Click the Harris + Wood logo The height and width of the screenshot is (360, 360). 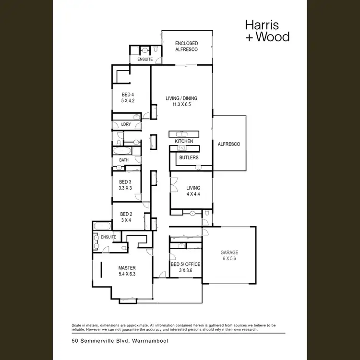pyautogui.click(x=267, y=30)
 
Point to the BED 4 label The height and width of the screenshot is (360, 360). pyautogui.click(x=128, y=95)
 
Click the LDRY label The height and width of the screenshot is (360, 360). pyautogui.click(x=126, y=125)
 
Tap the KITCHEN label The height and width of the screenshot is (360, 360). pyautogui.click(x=184, y=141)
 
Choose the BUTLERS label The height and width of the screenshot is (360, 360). pyautogui.click(x=189, y=157)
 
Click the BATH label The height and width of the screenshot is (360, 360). pyautogui.click(x=124, y=160)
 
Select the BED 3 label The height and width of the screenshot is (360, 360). pyautogui.click(x=125, y=182)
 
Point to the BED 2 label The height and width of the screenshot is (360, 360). pyautogui.click(x=126, y=214)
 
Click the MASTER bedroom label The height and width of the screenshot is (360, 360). pyautogui.click(x=127, y=268)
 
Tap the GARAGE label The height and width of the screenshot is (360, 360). pyautogui.click(x=229, y=252)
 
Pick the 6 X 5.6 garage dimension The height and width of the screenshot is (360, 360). pyautogui.click(x=229, y=258)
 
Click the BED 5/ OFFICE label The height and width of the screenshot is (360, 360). pyautogui.click(x=186, y=264)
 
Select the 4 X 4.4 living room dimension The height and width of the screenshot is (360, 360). pyautogui.click(x=193, y=194)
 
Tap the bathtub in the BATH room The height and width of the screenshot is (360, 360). pyautogui.click(x=124, y=151)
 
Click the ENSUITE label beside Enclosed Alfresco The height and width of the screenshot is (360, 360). pyautogui.click(x=145, y=60)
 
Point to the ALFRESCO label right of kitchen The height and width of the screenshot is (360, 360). pyautogui.click(x=229, y=144)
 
